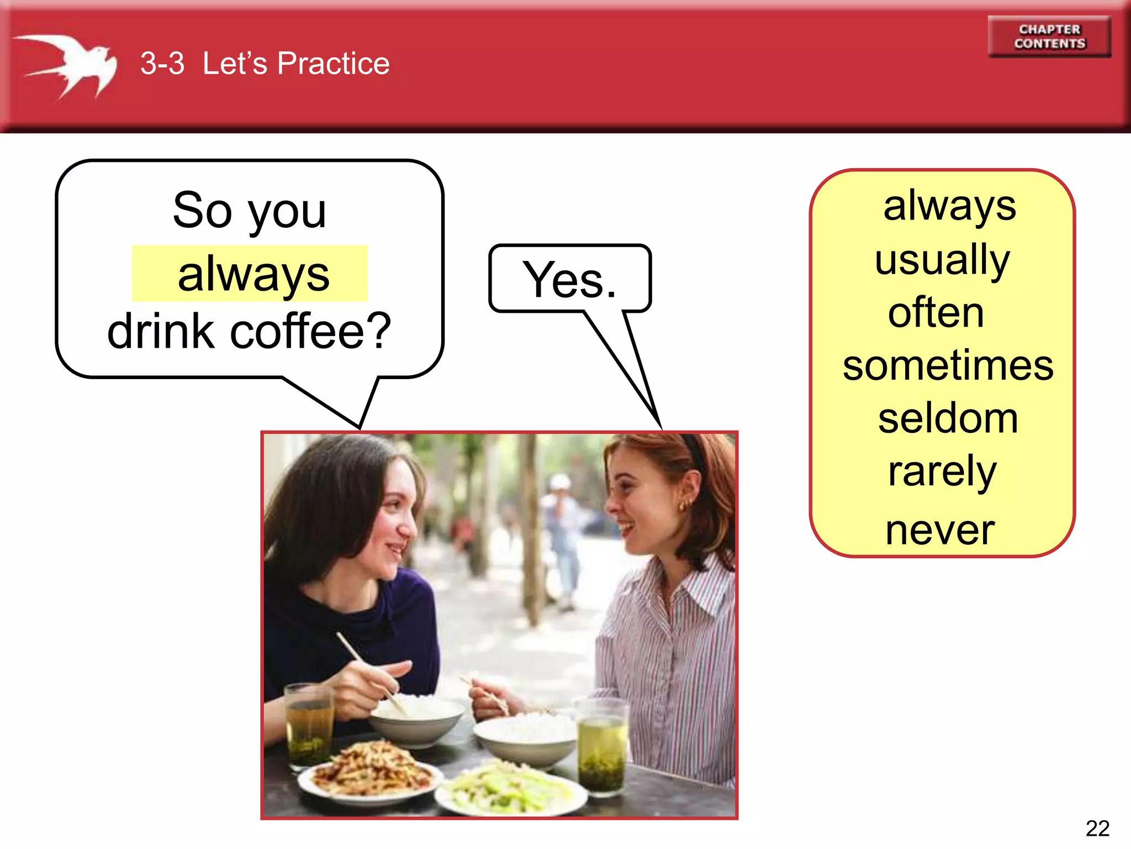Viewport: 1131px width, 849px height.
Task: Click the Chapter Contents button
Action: coord(1049,36)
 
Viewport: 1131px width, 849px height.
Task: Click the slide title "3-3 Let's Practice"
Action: coord(265,63)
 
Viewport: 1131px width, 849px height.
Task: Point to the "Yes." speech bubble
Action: coord(570,279)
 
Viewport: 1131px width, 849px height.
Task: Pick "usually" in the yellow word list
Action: coord(942,259)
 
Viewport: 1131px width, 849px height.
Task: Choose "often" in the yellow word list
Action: coord(936,312)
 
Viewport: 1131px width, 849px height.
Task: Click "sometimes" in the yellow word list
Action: coord(948,365)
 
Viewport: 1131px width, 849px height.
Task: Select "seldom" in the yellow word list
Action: coord(948,418)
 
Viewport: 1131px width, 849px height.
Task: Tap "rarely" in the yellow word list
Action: coord(942,471)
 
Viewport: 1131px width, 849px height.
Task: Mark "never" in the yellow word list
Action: coord(940,530)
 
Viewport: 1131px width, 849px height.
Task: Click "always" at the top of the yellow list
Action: coord(949,206)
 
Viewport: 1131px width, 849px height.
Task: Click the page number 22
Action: coord(1097,828)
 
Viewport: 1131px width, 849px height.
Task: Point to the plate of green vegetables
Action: coord(511,788)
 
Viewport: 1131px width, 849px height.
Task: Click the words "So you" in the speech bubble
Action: coord(250,211)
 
